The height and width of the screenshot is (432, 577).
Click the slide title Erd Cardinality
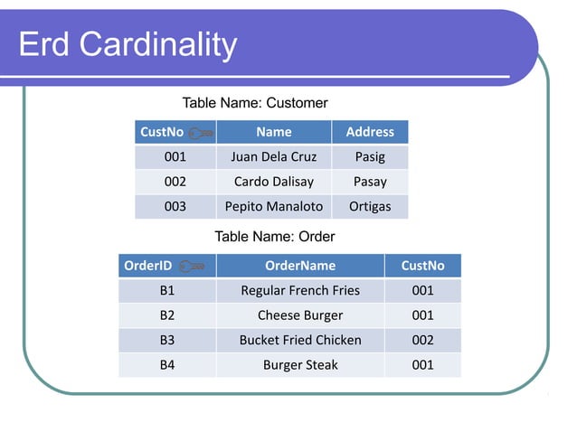click(128, 44)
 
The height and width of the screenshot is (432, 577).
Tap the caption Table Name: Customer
click(255, 103)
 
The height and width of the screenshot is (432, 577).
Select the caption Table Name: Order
click(274, 237)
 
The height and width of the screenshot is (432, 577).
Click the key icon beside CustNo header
click(202, 133)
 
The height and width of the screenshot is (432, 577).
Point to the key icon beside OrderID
click(192, 266)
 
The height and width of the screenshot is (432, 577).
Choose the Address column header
click(370, 132)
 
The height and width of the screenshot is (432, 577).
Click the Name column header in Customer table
click(273, 132)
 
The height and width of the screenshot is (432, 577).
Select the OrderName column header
click(299, 266)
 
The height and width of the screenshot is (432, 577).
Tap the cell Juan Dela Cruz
click(273, 156)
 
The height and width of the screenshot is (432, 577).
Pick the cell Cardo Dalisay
click(273, 182)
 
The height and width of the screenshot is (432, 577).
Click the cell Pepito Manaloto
click(273, 206)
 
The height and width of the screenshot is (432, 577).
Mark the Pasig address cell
click(370, 156)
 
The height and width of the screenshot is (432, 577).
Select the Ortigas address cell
click(370, 206)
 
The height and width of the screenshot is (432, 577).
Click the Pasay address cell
click(370, 182)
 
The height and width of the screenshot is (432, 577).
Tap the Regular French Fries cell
click(299, 290)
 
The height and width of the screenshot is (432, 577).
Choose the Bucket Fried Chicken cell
click(299, 340)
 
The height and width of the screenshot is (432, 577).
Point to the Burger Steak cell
click(299, 365)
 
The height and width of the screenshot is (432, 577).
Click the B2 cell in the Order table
click(166, 315)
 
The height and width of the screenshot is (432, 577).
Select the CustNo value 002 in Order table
click(422, 340)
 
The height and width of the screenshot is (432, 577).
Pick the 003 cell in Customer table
click(175, 206)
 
